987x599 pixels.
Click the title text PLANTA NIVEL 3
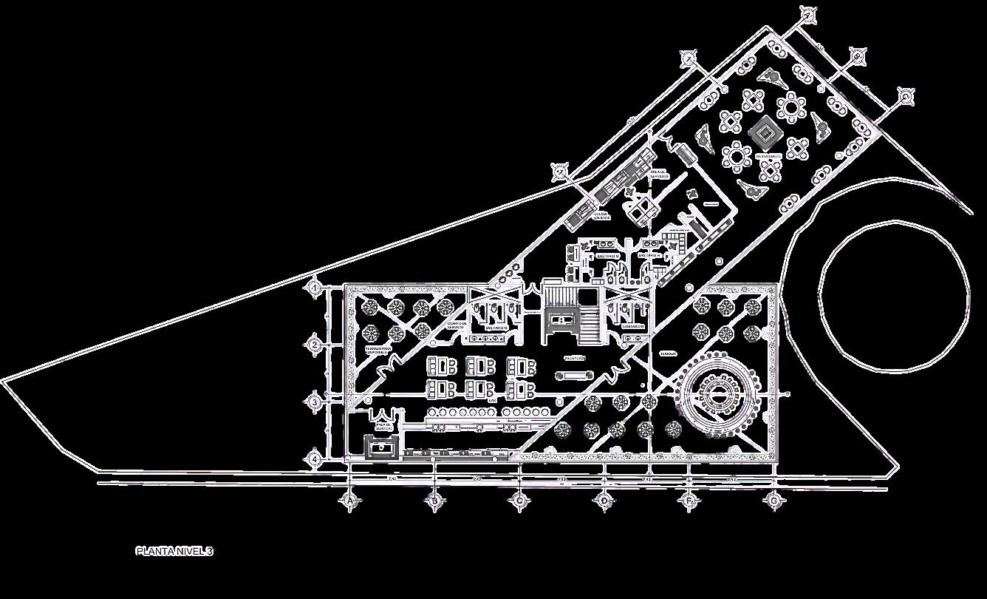(174, 551)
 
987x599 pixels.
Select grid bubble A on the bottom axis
(350, 501)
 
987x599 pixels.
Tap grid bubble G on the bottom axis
(774, 501)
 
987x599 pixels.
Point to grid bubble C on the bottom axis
(519, 501)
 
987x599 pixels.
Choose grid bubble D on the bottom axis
(604, 501)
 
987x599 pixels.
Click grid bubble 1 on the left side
(315, 287)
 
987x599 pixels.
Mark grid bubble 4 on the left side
(315, 459)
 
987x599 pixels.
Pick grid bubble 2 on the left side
(315, 344)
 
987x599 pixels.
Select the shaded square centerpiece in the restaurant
(764, 134)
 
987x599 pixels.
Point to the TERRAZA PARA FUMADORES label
(381, 350)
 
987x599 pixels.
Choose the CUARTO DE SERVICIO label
(460, 326)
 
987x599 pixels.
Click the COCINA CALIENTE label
(601, 215)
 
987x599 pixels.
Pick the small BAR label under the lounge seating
(491, 401)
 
